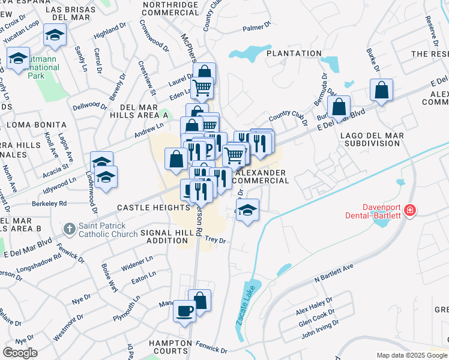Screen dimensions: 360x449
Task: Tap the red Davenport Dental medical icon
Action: click(410, 210)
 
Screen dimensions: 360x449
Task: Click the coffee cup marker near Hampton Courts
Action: click(184, 311)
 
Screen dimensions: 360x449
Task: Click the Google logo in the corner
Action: click(20, 352)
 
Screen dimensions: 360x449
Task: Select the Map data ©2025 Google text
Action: click(411, 355)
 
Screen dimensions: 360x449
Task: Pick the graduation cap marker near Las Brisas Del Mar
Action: click(55, 35)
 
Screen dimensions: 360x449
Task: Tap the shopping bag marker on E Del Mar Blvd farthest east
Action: click(381, 91)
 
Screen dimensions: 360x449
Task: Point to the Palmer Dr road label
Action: click(256, 28)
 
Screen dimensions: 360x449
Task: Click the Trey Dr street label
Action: click(215, 240)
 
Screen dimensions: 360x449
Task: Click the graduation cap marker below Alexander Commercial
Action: click(247, 211)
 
